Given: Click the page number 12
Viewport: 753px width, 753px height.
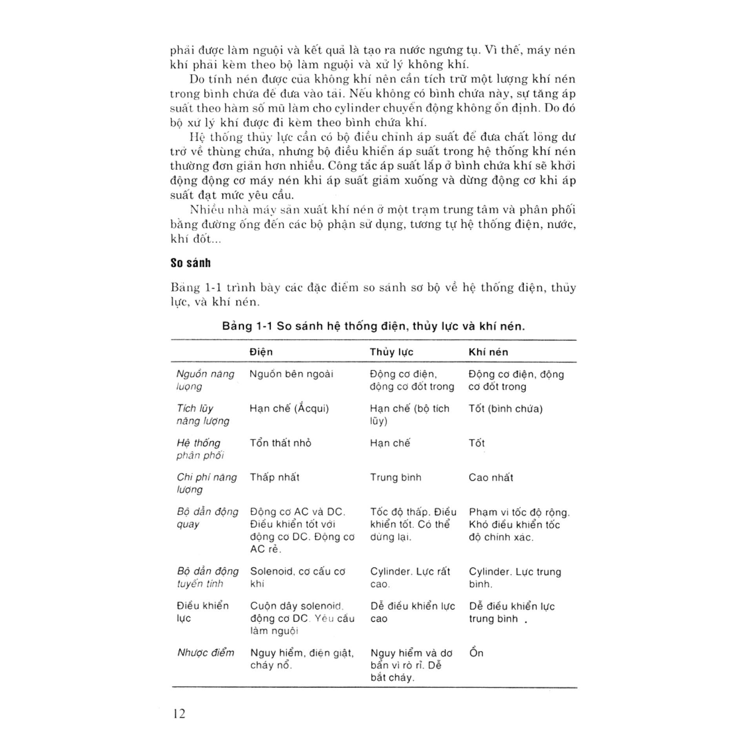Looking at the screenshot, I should coord(179,713).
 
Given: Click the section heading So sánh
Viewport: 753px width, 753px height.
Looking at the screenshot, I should coord(190,263).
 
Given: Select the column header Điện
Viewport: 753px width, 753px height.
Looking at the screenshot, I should coord(261,352).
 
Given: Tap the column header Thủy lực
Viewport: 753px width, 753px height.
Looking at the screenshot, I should coord(391,352).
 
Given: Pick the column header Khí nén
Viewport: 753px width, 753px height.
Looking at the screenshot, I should coord(488,352).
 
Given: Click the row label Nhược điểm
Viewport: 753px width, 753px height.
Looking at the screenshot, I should coord(206,653).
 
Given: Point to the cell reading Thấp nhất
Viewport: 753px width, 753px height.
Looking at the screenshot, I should coord(275,477).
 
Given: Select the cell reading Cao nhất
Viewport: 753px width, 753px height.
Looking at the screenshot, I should coord(491,477).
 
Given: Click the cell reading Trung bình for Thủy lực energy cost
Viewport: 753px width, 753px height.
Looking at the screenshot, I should coord(395,477).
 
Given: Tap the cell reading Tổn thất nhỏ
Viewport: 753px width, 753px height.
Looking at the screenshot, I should coord(280,443).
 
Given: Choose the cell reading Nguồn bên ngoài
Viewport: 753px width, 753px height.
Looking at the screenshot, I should coord(291,374).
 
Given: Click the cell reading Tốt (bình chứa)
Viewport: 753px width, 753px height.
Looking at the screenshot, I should coord(506,409).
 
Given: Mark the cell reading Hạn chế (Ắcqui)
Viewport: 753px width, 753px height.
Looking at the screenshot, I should coord(289,409).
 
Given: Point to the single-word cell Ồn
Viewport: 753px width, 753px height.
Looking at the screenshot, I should coord(476,653).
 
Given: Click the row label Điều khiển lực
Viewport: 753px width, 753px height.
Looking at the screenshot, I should coord(202,612).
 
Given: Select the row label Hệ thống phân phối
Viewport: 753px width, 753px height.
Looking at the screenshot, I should coord(200,449).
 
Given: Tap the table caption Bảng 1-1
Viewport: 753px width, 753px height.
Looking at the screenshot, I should coord(247,326).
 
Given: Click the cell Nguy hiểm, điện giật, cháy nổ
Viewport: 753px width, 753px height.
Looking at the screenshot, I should coord(302,659).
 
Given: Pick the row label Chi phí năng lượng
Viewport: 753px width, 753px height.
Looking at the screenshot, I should coord(206,483).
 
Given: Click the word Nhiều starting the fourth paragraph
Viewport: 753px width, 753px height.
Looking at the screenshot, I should coord(207,209).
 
